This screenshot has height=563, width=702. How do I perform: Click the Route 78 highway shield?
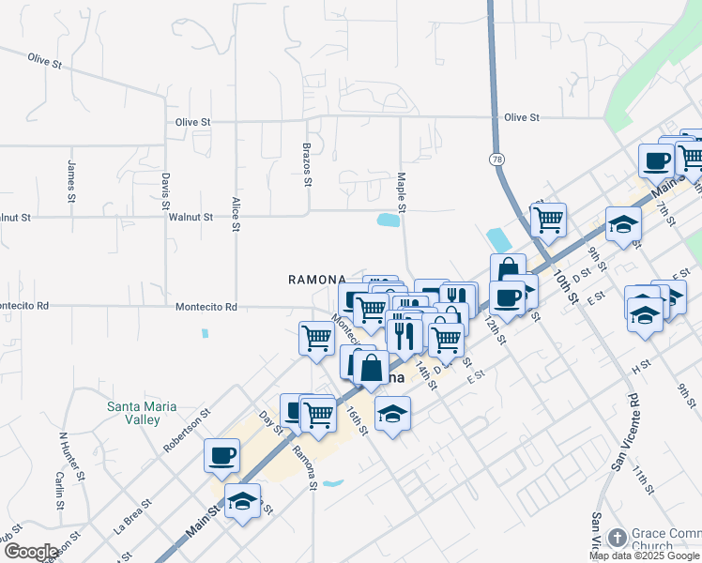click(x=496, y=160)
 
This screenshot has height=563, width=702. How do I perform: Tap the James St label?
click(x=71, y=181)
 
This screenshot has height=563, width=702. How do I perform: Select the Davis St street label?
click(x=165, y=190)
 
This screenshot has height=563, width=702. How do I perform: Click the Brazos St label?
click(x=307, y=165)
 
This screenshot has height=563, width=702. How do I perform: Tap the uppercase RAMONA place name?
click(x=316, y=280)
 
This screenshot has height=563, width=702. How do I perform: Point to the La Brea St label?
click(x=133, y=520)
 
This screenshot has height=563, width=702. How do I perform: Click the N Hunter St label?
click(x=73, y=457)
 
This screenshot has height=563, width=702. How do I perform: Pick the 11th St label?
click(x=642, y=479)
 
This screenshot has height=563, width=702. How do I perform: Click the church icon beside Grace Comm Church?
click(x=617, y=538)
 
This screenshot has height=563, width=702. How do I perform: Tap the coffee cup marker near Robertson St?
click(x=222, y=455)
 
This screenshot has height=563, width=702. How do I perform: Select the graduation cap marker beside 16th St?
click(x=392, y=413)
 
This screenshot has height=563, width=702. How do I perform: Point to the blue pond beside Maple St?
click(x=388, y=221)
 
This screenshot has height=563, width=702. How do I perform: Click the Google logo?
click(x=31, y=552)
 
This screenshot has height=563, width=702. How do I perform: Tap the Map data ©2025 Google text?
click(x=644, y=555)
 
